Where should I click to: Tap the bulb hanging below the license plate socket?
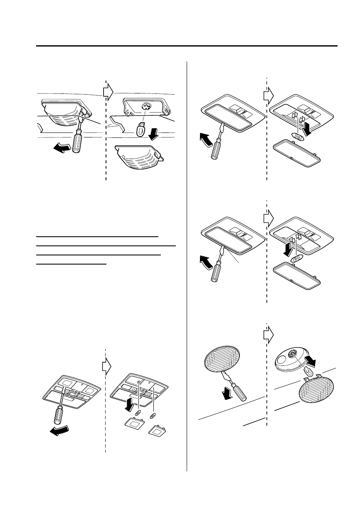[141, 131]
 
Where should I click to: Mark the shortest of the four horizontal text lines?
[71, 263]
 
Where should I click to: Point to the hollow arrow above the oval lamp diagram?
[268, 333]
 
